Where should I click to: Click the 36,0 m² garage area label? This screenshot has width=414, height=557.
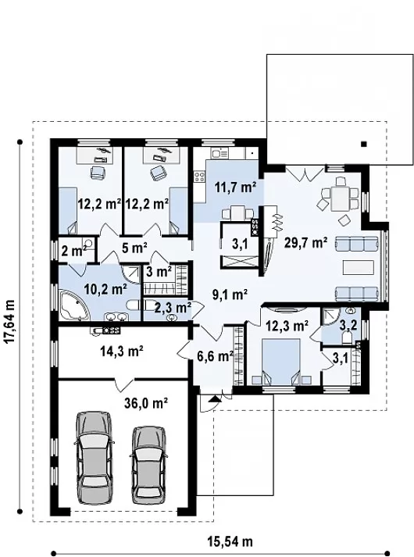pyautogui.click(x=146, y=403)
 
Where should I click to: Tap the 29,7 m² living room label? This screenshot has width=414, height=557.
pyautogui.click(x=305, y=243)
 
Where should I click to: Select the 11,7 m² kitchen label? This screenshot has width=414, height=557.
pyautogui.click(x=235, y=187)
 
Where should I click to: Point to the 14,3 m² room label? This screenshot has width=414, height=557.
pyautogui.click(x=122, y=352)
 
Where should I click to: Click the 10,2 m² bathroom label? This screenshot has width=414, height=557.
pyautogui.click(x=105, y=290)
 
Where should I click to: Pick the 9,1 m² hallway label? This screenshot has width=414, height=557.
pyautogui.click(x=230, y=295)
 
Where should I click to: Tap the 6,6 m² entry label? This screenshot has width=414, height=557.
pyautogui.click(x=215, y=355)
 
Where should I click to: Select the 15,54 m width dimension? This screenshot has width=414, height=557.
pyautogui.click(x=230, y=541)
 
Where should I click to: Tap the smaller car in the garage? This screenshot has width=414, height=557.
pyautogui.click(x=148, y=465)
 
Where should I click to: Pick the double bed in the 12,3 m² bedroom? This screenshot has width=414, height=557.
pyautogui.click(x=281, y=362)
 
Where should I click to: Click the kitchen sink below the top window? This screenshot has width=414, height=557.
pyautogui.click(x=219, y=153)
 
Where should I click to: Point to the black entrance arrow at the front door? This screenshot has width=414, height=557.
pyautogui.click(x=214, y=398)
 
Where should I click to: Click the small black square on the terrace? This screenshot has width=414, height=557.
pyautogui.click(x=363, y=145)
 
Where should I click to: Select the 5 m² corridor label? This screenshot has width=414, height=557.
pyautogui.click(x=134, y=248)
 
